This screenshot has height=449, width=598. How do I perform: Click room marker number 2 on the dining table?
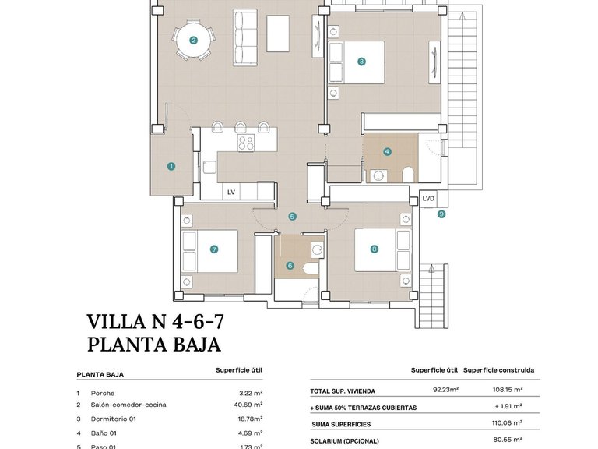tap(193, 40)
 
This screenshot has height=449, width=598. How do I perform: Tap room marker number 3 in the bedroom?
tap(361, 62)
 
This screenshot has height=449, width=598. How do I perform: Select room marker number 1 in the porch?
tap(171, 166)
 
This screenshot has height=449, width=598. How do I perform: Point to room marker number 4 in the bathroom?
tap(387, 152)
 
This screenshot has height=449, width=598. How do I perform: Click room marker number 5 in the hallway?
tap(292, 217)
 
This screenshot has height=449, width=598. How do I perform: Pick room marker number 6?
tap(290, 266)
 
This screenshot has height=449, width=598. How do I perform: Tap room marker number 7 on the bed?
tap(213, 249)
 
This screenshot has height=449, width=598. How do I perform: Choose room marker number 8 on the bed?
tap(375, 249)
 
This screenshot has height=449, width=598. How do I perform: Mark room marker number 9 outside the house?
tap(441, 214)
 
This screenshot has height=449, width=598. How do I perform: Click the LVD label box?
tap(428, 199)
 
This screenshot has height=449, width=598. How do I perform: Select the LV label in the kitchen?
tap(231, 192)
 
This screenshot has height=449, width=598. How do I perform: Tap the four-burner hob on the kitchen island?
tap(246, 143)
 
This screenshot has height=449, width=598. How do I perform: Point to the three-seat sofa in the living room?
tap(245, 31)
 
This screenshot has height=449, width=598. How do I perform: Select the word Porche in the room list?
tap(103, 394)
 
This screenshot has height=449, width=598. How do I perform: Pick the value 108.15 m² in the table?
tap(507, 389)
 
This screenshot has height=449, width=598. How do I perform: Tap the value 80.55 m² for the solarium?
tap(507, 440)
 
